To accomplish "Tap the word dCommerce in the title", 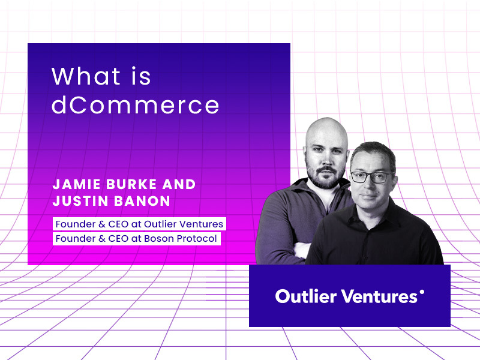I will click(135, 106).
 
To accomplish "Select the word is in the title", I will click(139, 77).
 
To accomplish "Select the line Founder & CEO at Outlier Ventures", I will click(139, 224).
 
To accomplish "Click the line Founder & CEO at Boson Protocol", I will click(136, 239).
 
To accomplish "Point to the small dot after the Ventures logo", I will click(422, 292).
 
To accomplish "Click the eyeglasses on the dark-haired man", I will click(371, 177).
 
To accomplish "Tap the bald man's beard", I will click(324, 175).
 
